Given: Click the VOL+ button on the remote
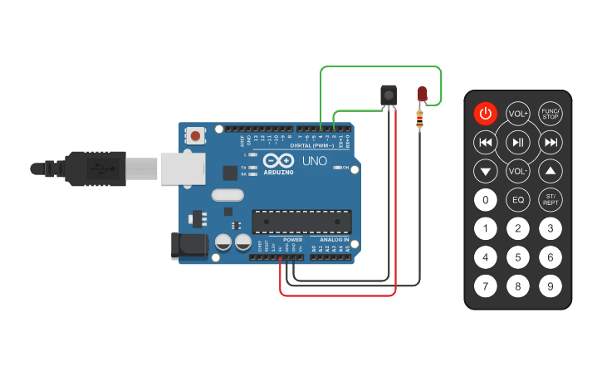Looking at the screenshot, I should click(518, 114).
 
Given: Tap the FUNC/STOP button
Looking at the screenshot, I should click(550, 114).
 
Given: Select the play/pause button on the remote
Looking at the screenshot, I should click(518, 143).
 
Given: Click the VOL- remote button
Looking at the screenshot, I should click(518, 172).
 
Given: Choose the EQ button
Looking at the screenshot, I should click(518, 200).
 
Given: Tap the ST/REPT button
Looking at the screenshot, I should click(550, 200).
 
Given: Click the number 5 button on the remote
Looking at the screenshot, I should click(518, 257).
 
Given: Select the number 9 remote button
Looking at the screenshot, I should click(550, 286).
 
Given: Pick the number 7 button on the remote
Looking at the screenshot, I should click(486, 286).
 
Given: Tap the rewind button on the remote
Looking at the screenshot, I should click(486, 143).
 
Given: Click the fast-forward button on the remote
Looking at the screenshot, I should click(550, 143).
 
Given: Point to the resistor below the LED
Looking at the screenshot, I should click(420, 120).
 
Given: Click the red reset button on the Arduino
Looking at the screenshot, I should click(196, 134).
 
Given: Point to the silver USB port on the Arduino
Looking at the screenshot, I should click(182, 168).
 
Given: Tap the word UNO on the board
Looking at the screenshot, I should click(314, 160).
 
